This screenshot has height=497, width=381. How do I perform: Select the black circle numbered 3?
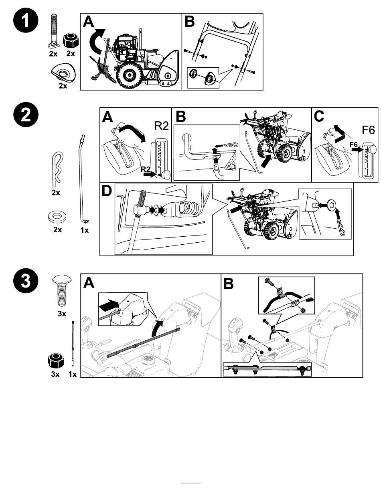pyautogui.click(x=25, y=283)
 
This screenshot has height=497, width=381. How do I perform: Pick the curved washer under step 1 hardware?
pyautogui.click(x=63, y=72)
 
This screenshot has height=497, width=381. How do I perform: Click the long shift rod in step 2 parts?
pyautogui.click(x=83, y=179)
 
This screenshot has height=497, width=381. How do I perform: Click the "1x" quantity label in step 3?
pyautogui.click(x=73, y=374)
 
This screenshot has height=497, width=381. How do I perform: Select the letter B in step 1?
pyautogui.click(x=190, y=21)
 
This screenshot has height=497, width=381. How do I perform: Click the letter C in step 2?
pyautogui.click(x=319, y=116)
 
